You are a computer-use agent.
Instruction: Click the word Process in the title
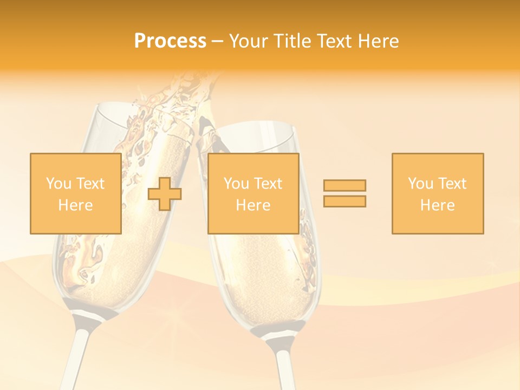tap(170, 41)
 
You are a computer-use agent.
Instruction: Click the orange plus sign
tap(165, 194)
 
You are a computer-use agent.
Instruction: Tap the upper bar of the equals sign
tap(344, 185)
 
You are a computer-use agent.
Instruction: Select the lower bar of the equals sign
tap(344, 201)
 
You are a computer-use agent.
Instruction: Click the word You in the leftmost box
tap(58, 184)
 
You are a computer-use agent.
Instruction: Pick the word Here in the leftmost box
tap(75, 205)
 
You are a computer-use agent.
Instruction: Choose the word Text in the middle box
tap(268, 184)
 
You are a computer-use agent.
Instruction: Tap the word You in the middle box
tap(236, 184)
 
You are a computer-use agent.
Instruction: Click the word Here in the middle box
tap(253, 205)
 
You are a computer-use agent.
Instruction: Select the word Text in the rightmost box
tap(452, 184)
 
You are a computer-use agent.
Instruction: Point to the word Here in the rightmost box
tap(437, 205)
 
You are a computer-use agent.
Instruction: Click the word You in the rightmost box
tap(420, 184)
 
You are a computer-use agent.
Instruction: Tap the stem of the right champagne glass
tap(283, 363)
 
